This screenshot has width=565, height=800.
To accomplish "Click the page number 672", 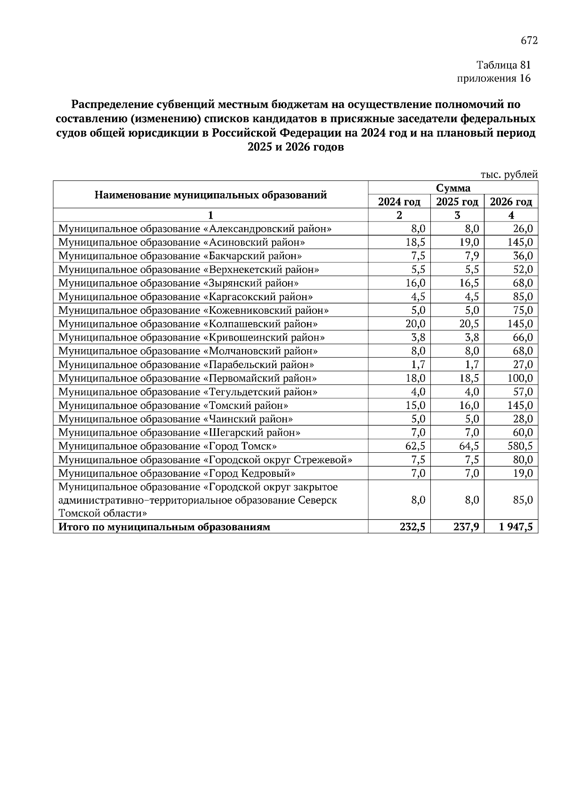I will coord(529,41).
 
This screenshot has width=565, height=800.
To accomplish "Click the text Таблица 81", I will coord(503,65).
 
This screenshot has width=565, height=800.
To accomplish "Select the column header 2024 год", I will coord(399,202).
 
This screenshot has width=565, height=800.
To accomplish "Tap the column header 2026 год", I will coord(511,202).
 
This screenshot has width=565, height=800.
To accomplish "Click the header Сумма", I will coord(452,188).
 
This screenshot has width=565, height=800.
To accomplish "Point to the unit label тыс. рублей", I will coord(509,175).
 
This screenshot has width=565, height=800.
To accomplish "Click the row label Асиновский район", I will coord(182,243).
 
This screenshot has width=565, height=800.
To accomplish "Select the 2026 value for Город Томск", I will coord(520,446).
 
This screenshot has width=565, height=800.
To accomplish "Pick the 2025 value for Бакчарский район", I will coord(469,256).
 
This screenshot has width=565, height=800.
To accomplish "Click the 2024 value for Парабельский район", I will coord(418,365).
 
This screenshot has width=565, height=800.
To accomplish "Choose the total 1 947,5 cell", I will coord(516,527).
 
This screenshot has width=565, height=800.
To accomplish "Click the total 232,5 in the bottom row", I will coord(413,527).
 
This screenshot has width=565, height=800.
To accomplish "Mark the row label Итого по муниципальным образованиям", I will coord(164,527).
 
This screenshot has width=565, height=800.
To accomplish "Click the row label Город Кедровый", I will coord(177,473).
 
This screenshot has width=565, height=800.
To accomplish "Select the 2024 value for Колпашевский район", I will coord(415,324).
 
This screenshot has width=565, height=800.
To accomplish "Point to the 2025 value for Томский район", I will coord(469,406).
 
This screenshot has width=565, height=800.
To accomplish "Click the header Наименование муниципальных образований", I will coord(210,195).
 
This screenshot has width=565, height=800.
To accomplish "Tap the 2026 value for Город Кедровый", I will coord(523,473).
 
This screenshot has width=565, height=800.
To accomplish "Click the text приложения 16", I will coord(494,78).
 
